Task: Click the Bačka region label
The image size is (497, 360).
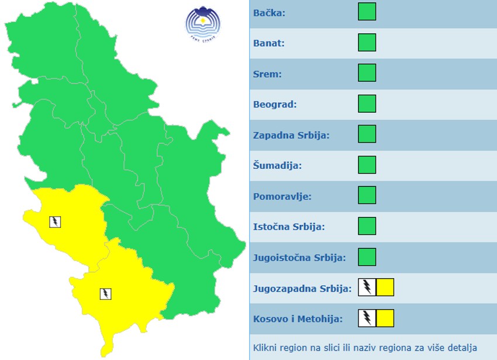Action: (x=269, y=12)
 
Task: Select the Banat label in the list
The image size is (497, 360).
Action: (x=268, y=43)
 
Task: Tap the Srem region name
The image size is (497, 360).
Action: (x=267, y=74)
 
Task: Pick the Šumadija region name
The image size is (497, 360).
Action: (x=277, y=165)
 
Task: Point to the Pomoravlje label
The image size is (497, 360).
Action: (x=282, y=196)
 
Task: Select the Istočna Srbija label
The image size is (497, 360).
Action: (x=288, y=227)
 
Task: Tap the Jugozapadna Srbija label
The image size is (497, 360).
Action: (x=302, y=288)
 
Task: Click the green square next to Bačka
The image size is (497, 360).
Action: (x=367, y=12)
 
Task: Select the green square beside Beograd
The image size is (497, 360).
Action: (x=367, y=103)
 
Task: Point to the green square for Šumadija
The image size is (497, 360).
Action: (x=367, y=165)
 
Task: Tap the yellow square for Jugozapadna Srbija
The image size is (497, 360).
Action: (x=385, y=288)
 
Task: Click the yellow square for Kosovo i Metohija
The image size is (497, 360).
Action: (x=385, y=318)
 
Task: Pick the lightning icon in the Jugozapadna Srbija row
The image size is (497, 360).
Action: (x=367, y=288)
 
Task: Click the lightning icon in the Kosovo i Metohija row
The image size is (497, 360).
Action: (x=367, y=318)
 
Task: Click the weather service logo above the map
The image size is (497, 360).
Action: (x=203, y=23)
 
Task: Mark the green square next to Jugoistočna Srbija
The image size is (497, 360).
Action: (x=367, y=257)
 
